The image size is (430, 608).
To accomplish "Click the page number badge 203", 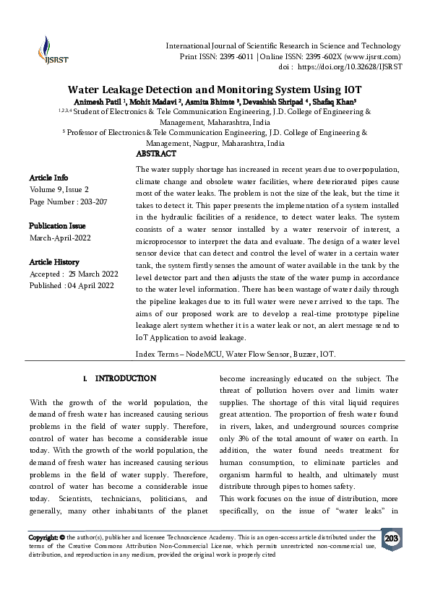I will (391, 539).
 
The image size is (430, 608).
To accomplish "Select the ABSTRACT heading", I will (156, 154).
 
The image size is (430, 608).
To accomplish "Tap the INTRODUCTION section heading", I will (125, 378).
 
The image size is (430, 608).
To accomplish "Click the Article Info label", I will (49, 178).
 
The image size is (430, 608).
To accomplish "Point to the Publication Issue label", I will (57, 226).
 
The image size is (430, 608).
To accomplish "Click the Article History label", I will (54, 262).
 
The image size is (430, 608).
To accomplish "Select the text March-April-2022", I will (60, 238).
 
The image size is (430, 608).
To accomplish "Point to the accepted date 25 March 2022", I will (93, 274).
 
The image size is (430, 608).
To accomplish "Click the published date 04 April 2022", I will (90, 286).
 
